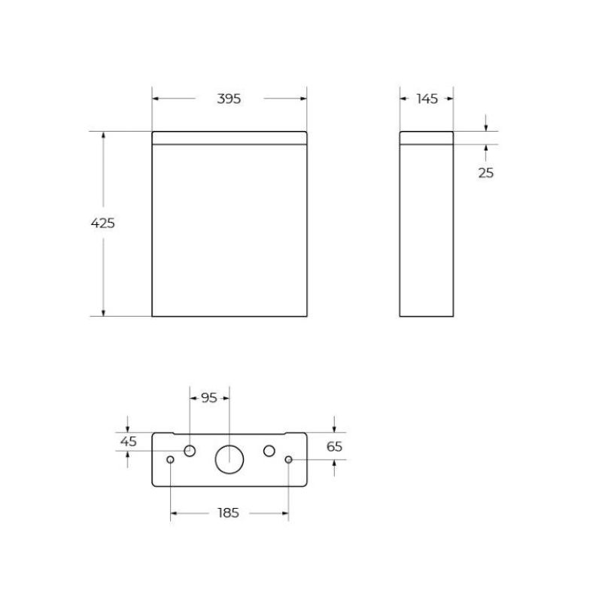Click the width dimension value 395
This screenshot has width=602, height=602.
229,99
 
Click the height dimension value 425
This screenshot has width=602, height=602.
102,223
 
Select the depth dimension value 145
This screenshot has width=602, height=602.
426,99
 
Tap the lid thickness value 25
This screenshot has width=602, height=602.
486,172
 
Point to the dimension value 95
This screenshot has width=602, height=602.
208,398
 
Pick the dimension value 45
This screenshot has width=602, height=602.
129,442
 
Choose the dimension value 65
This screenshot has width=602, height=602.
335,446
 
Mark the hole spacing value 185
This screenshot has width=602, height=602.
228,513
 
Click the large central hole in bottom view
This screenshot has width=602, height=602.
230,459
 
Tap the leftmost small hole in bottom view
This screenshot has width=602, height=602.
171,460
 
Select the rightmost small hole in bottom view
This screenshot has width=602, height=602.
288,460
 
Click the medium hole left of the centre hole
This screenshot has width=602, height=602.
190,450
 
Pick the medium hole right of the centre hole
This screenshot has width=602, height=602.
269,450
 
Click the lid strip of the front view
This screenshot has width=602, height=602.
230,137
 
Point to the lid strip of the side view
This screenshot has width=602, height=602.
426,137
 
